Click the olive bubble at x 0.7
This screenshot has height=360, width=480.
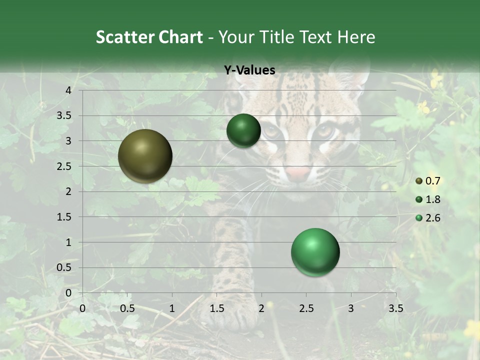[x=145, y=156]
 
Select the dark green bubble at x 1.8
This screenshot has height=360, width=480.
[x=243, y=130]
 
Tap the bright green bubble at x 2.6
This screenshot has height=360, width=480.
[x=315, y=252]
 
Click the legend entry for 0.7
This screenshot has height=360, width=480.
[x=428, y=181]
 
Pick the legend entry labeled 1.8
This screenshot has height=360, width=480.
[x=428, y=199]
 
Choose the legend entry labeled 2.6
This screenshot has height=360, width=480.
[x=428, y=218]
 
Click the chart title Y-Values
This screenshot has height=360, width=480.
[x=249, y=70]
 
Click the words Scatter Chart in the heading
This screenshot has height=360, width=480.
[x=149, y=37]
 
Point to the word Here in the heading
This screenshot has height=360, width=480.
[x=355, y=37]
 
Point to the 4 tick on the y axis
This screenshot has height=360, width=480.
[x=69, y=90]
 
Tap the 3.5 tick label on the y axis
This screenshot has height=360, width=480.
[x=64, y=115]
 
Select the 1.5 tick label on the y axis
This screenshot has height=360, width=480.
[x=64, y=217]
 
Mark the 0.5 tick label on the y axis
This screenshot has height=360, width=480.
[x=64, y=267]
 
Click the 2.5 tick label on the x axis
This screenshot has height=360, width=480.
[x=306, y=308]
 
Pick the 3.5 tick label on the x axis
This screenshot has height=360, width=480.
[x=395, y=308]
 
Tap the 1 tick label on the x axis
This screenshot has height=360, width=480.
[x=172, y=308]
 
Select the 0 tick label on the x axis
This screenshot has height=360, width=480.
[x=82, y=308]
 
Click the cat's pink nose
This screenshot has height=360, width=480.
[x=298, y=173]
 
